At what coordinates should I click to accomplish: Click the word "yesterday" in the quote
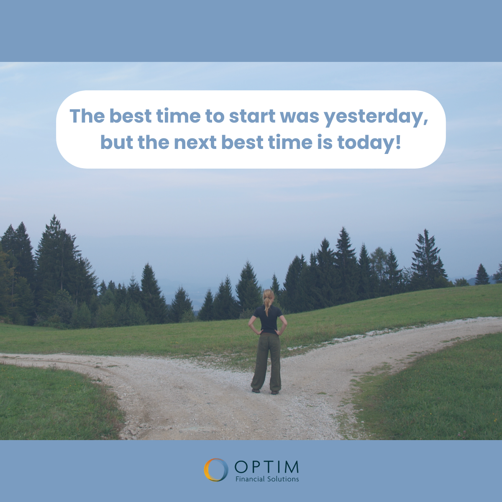tap(376, 117)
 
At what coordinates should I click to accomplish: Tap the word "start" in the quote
tap(252, 116)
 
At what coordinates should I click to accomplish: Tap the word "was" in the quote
tap(300, 118)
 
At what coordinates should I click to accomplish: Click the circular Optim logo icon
tap(216, 470)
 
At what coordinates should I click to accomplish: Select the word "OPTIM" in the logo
tap(266, 467)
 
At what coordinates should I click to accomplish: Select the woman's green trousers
tap(266, 362)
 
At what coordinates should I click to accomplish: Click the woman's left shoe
tap(256, 390)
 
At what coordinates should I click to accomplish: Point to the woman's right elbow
tap(285, 324)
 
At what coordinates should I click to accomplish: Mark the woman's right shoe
tap(275, 392)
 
